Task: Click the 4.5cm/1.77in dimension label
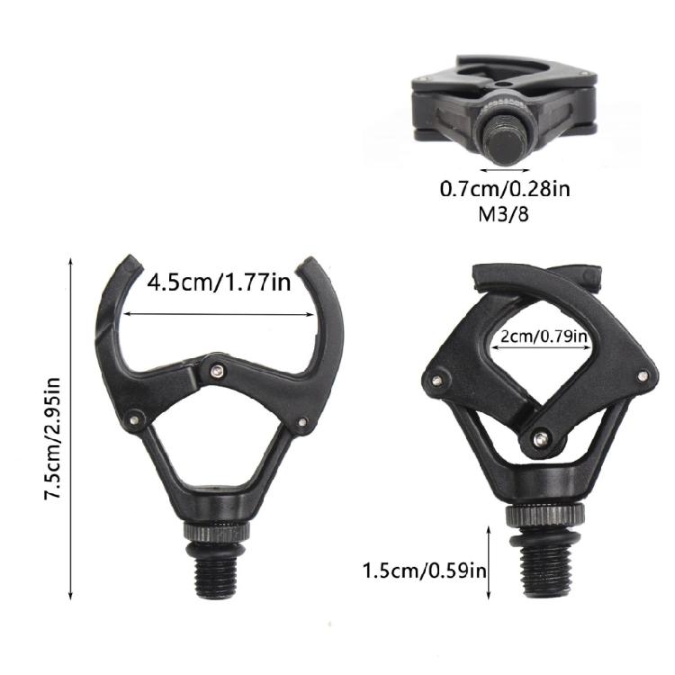(x=219, y=283)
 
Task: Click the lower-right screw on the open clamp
(x=302, y=422)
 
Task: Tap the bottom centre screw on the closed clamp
(x=539, y=438)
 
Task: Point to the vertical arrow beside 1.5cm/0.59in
(x=489, y=564)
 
